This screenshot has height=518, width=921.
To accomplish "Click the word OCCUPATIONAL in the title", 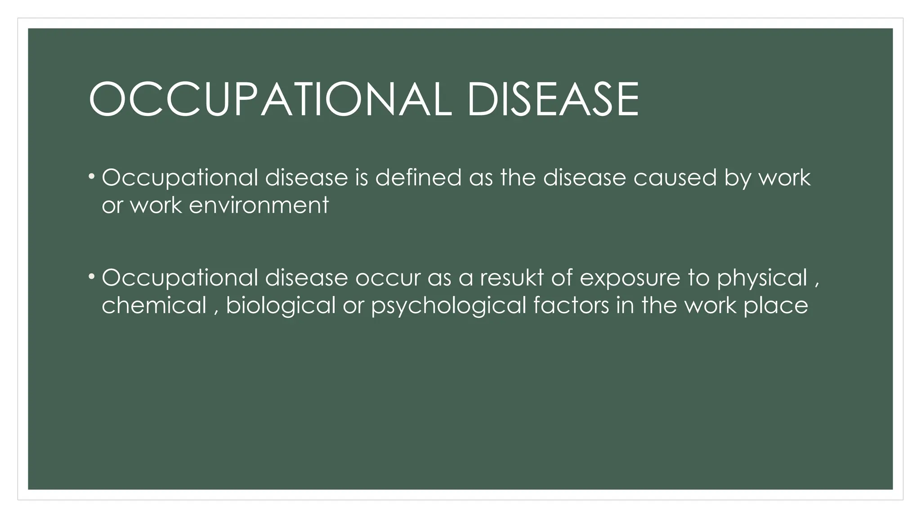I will point(270,99).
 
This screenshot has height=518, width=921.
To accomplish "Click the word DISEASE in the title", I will point(553,99).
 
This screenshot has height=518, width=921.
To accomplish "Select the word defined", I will point(418,177).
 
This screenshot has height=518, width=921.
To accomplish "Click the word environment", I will point(259,205).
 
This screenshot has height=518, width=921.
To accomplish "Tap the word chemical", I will point(154,305).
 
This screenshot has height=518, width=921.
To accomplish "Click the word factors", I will point(571,305).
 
